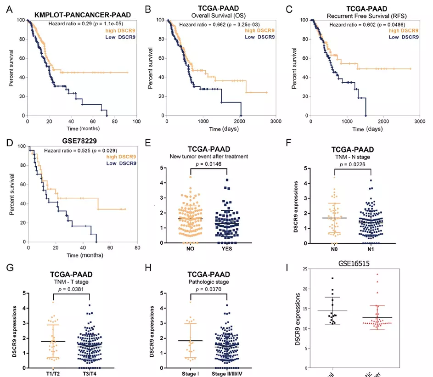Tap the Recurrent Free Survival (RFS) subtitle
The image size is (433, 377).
coord(363,15)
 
